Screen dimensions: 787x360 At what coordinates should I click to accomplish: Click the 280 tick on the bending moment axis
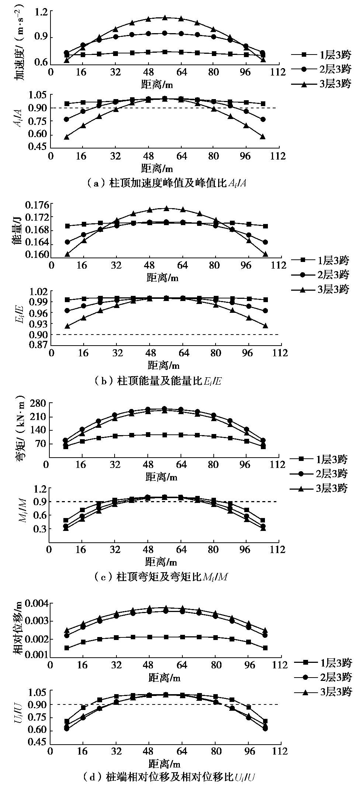pyautogui.click(x=35, y=403)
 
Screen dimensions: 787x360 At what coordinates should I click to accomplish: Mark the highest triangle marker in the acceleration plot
pyautogui.click(x=165, y=17)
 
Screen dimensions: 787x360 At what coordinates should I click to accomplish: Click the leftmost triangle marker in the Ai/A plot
pyautogui.click(x=67, y=137)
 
